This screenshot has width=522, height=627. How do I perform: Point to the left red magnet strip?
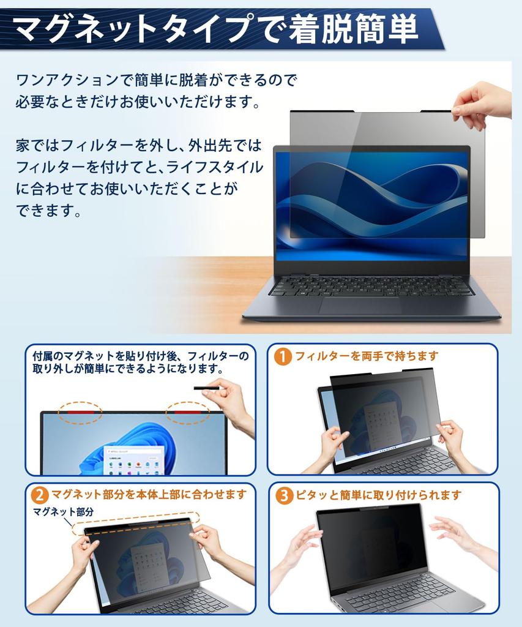tap(80, 414)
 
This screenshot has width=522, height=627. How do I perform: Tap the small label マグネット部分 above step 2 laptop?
tap(64, 512)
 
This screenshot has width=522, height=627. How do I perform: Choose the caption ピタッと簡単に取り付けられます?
tap(378, 495)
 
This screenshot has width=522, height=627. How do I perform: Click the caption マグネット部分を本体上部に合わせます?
tap(149, 494)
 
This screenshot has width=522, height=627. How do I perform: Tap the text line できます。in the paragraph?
tap(49, 211)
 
